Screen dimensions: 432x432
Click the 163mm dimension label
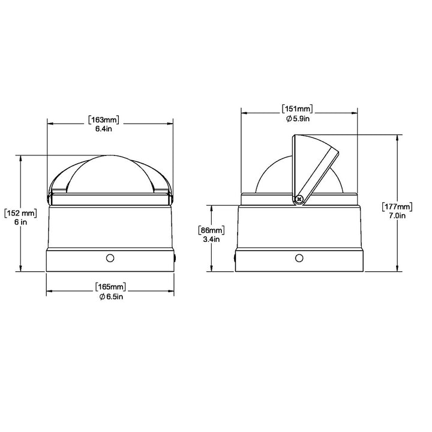[104, 120]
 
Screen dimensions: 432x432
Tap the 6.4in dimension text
[104, 128]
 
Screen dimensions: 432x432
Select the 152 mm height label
[20, 213]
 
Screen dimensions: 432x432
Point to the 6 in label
[20, 222]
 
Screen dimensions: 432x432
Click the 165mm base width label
[110, 287]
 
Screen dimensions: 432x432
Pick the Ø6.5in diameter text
[111, 297]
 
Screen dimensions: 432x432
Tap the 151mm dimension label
[298, 109]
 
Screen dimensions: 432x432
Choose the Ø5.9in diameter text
[298, 119]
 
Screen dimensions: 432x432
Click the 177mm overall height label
[397, 206]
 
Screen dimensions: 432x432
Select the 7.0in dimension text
[397, 215]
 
